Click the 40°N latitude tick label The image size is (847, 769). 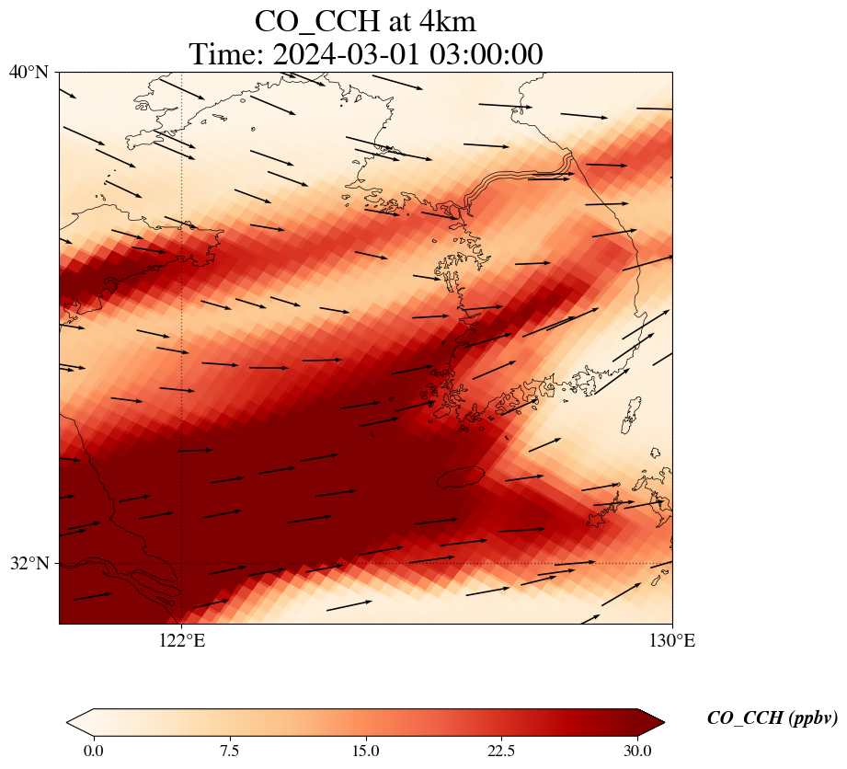click(29, 72)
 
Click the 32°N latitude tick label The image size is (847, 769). click(29, 563)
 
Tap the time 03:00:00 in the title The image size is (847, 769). click(485, 54)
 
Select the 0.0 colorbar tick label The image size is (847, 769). click(93, 751)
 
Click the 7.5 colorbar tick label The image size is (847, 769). click(229, 751)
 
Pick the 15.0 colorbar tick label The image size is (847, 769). click(365, 751)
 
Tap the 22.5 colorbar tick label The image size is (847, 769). click(501, 751)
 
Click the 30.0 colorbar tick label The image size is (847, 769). click(637, 751)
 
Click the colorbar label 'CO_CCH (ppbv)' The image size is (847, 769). click(772, 718)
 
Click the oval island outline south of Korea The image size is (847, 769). click(460, 476)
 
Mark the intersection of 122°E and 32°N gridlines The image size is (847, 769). click(182, 563)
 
